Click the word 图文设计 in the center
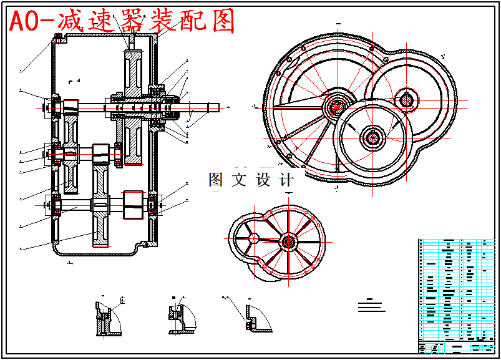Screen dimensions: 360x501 click(x=251, y=180)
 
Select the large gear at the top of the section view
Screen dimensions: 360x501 click(x=134, y=68)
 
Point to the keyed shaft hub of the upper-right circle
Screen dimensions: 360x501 click(x=407, y=99)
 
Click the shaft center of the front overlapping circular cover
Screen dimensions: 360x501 click(x=374, y=137)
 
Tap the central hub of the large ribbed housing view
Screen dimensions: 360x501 click(x=338, y=105)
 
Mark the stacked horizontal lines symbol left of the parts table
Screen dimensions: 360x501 click(x=372, y=306)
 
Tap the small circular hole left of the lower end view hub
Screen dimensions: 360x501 click(x=252, y=238)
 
